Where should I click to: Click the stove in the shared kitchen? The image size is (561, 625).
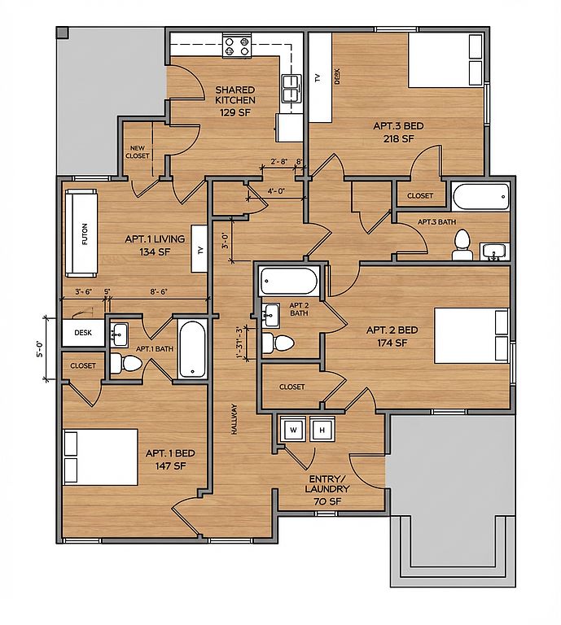coord(237,46)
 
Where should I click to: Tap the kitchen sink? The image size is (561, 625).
coord(291,88)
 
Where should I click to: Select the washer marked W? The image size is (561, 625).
coord(293,429)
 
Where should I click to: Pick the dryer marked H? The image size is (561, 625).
coord(322,429)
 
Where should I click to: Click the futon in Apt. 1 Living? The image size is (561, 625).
coord(81,234)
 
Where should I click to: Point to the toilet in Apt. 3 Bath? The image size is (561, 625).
coord(462,245)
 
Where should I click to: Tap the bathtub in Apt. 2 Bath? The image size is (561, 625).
coord(288,281)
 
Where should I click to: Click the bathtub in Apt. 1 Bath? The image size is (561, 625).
coord(192,350)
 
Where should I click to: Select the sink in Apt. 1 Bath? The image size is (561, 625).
coord(119,334)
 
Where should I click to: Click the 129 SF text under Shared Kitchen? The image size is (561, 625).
coord(234,112)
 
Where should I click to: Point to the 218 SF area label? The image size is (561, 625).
coord(399,138)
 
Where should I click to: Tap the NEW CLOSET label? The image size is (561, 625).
coord(137,152)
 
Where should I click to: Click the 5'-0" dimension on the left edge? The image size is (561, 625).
coord(41,349)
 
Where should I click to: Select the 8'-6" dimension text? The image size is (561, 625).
coord(159,292)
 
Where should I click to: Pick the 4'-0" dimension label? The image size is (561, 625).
coord(276,191)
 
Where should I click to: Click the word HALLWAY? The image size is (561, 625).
coord(234,419)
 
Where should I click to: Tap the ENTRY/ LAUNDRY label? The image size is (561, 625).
coord(327,484)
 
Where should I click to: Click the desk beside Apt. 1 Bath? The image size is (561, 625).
coord(83,332)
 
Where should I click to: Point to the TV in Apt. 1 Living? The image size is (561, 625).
coord(199,249)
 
